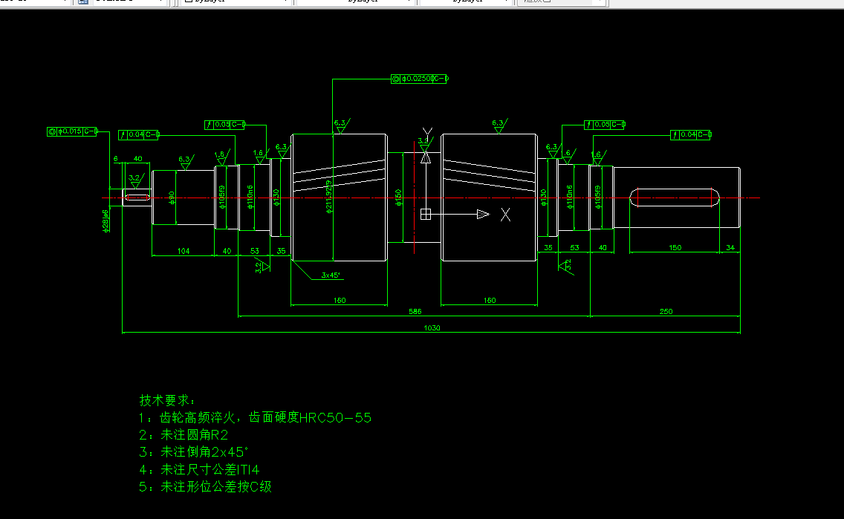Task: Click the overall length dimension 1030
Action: (x=431, y=328)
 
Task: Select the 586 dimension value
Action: (x=415, y=312)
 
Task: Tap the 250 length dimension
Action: (x=666, y=312)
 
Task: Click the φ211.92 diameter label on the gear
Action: (x=328, y=196)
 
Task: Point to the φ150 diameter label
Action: (x=399, y=198)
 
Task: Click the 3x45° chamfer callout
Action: (x=331, y=275)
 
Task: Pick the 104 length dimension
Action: (x=184, y=251)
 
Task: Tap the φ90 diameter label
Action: (x=172, y=197)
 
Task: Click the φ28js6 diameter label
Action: (x=106, y=221)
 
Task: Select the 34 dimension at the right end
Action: (x=730, y=247)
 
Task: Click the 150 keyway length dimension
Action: (x=675, y=247)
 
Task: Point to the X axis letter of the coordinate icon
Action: (x=506, y=215)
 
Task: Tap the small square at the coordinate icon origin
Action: (x=426, y=215)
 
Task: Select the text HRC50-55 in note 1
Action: (x=335, y=418)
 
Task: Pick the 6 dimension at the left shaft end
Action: (x=116, y=159)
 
